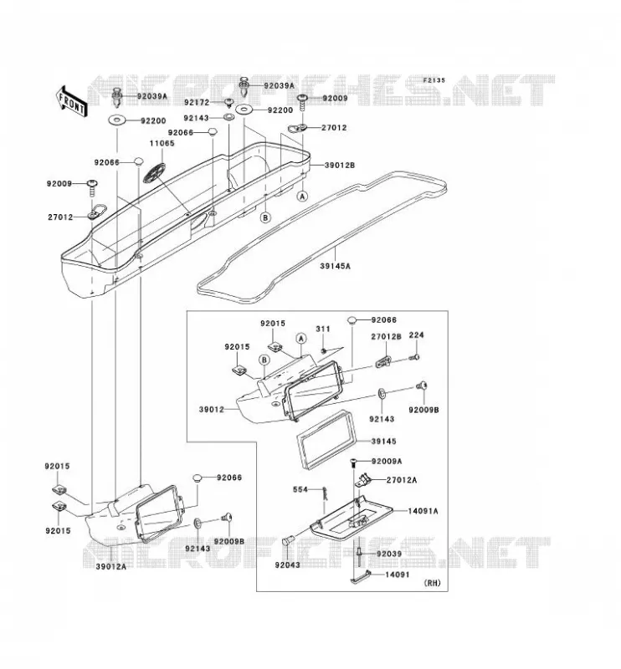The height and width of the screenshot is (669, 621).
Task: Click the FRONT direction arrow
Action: point(71,101)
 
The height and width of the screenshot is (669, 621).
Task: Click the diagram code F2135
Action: point(434,79)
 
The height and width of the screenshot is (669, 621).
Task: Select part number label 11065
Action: point(162,143)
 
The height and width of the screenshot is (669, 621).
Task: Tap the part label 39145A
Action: point(336,266)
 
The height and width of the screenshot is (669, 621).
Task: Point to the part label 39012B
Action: point(340,165)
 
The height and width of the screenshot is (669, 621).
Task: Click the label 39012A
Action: point(111,567)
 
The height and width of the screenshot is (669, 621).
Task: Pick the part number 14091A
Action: point(423,511)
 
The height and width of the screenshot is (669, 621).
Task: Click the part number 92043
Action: point(287,565)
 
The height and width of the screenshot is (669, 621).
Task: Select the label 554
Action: point(300,489)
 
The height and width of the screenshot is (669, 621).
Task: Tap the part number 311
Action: point(323,329)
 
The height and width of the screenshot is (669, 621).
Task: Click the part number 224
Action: point(417,335)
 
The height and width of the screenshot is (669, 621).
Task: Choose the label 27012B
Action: point(386,336)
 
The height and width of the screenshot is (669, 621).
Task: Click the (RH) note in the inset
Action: point(432,583)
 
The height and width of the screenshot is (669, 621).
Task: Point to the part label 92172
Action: point(197,102)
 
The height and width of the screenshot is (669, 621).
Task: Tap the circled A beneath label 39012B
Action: point(302,197)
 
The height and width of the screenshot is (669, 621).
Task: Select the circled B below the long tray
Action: point(265,217)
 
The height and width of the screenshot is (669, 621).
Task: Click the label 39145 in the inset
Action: point(384,442)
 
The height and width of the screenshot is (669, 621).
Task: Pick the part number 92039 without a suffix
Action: point(389,554)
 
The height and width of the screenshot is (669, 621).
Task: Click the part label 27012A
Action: point(402,480)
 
